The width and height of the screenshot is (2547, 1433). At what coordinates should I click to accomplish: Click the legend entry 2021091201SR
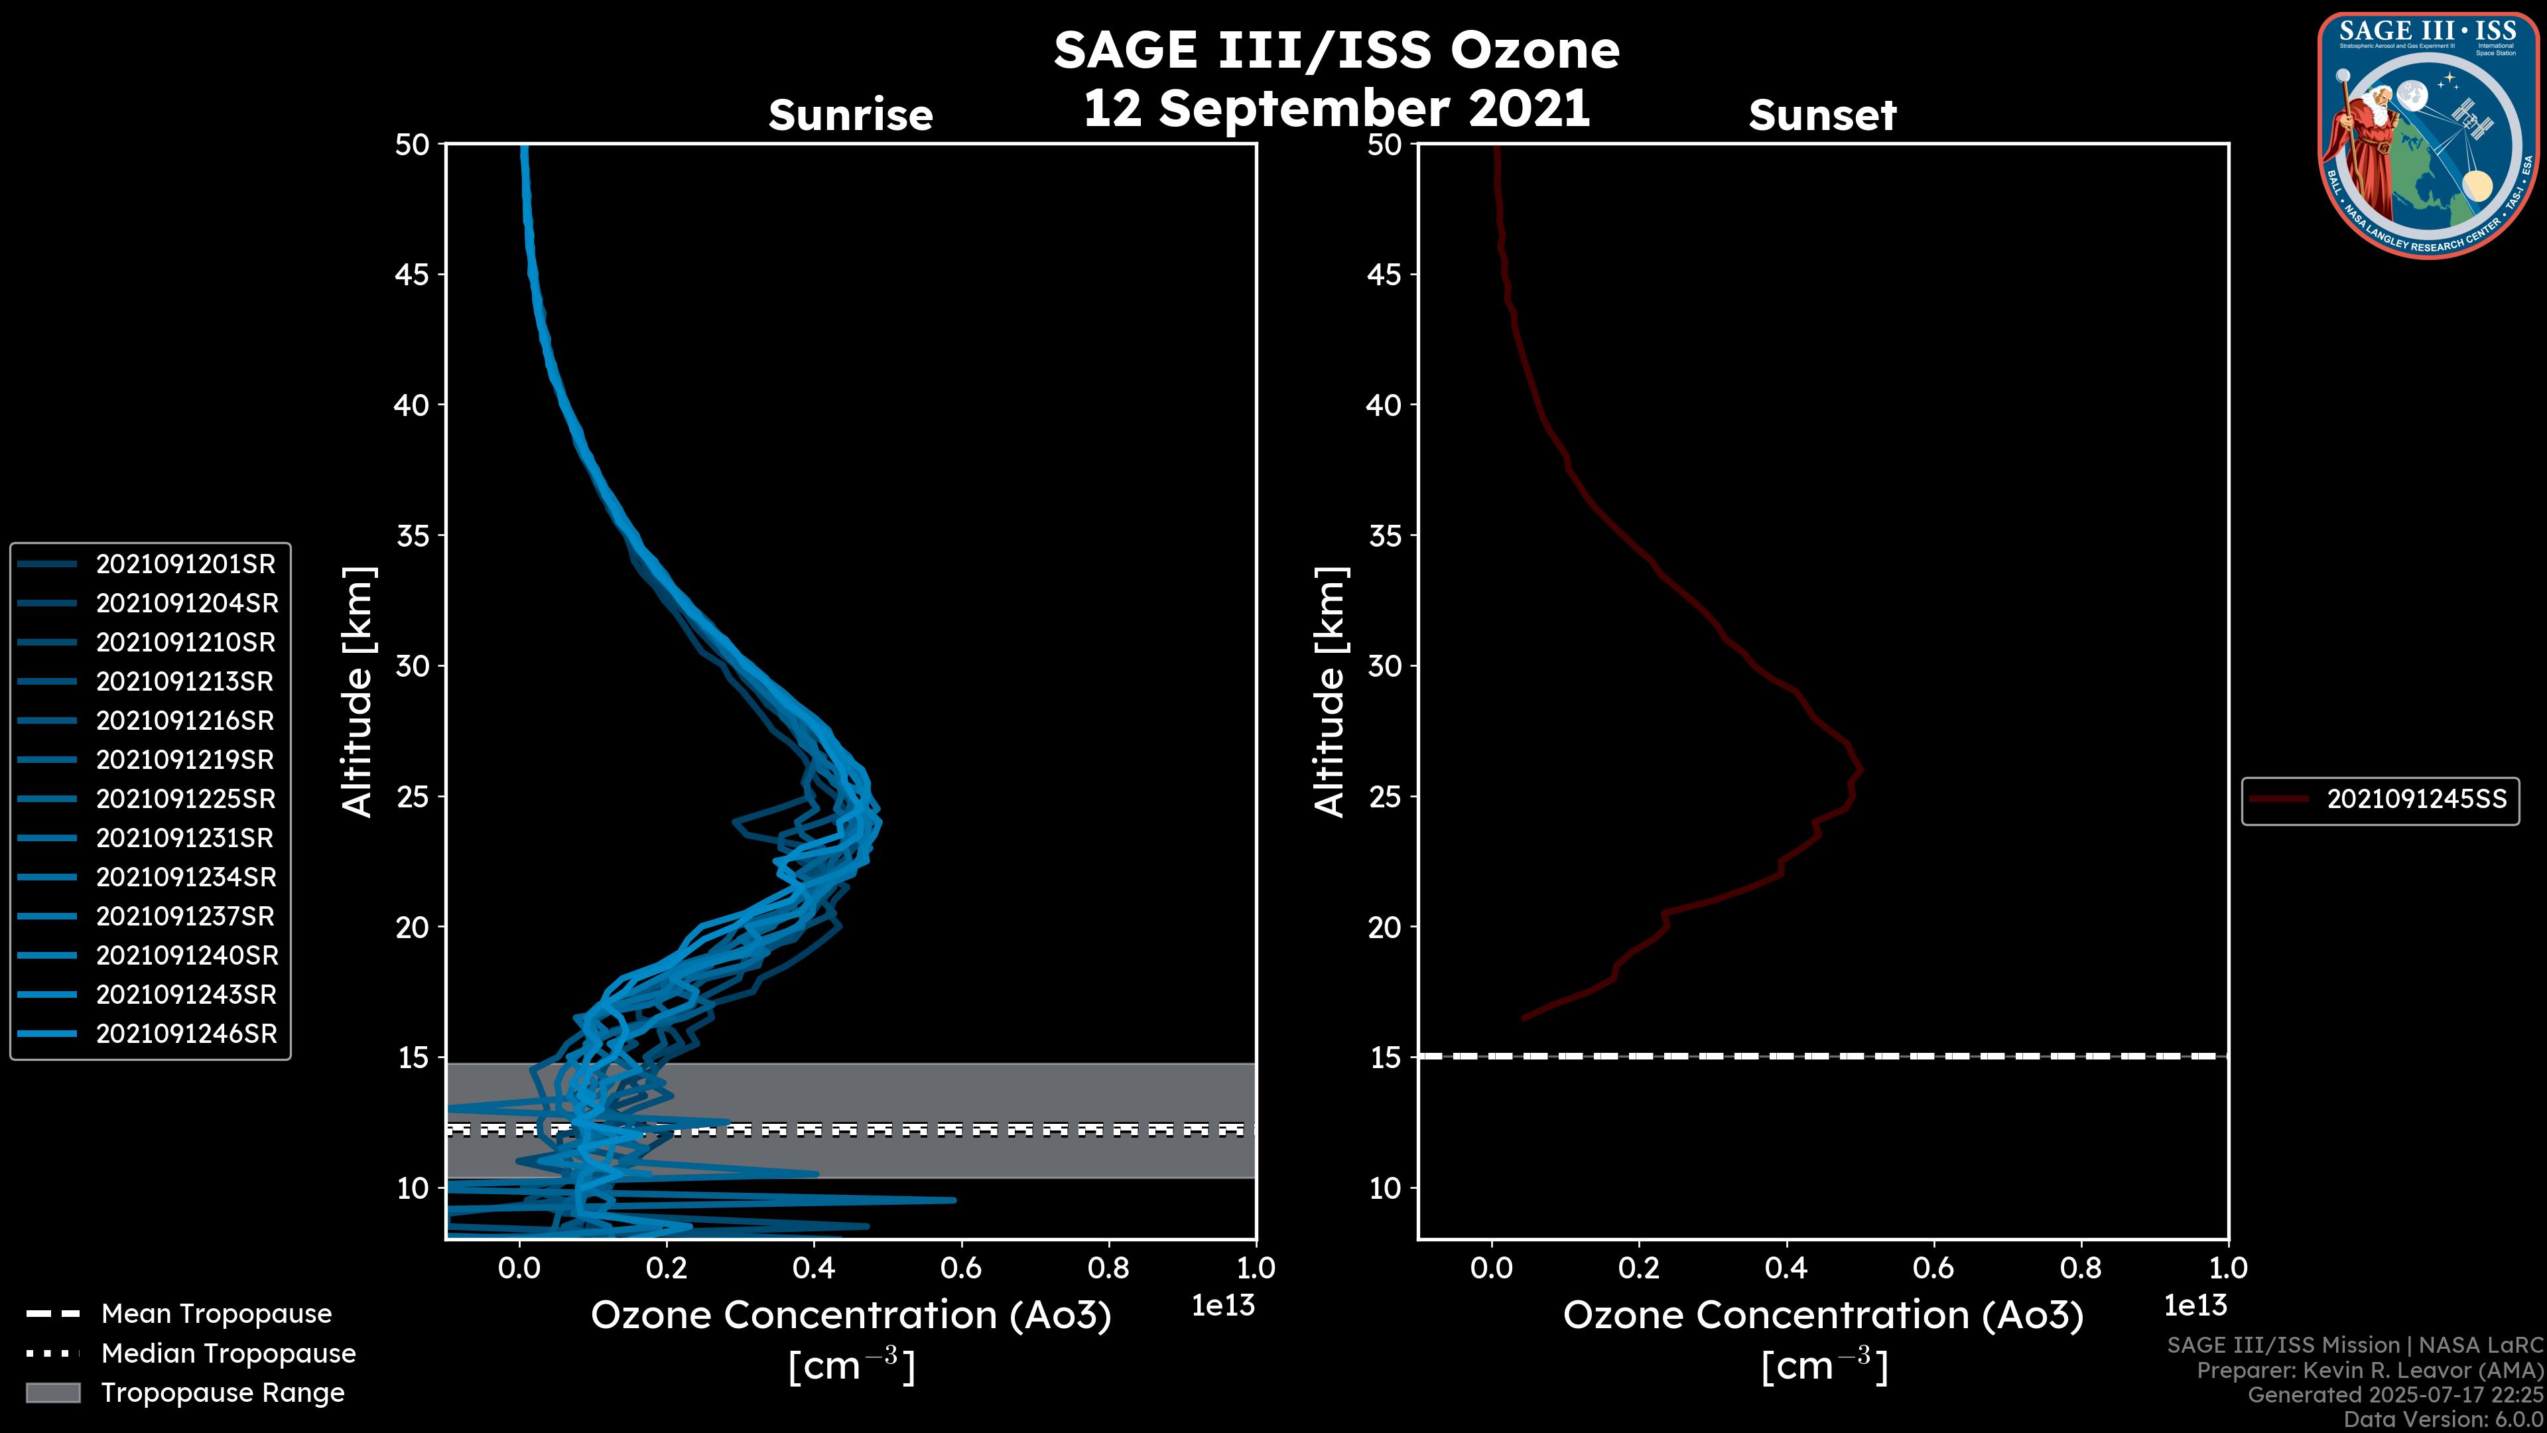tap(185, 564)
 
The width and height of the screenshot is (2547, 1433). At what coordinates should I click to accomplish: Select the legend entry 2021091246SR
tap(186, 1034)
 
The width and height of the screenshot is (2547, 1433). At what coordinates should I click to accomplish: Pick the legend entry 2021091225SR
tap(186, 799)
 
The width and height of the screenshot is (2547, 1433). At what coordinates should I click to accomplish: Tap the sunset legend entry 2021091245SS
tap(2416, 799)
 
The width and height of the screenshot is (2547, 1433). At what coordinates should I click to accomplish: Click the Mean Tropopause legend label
tap(216, 1314)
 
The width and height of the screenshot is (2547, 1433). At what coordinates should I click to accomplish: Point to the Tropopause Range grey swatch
tap(52, 1393)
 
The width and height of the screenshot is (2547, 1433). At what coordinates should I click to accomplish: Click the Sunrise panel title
tap(850, 115)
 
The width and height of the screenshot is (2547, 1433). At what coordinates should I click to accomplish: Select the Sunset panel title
tap(1822, 115)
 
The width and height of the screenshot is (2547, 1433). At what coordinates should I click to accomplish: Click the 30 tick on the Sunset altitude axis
tap(1385, 665)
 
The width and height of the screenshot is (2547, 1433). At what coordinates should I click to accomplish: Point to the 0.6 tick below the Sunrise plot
tap(961, 1268)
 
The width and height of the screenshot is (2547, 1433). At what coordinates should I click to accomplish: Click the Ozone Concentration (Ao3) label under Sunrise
tap(850, 1316)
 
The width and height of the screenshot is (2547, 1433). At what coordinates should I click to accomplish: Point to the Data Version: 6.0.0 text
tap(2442, 1419)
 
